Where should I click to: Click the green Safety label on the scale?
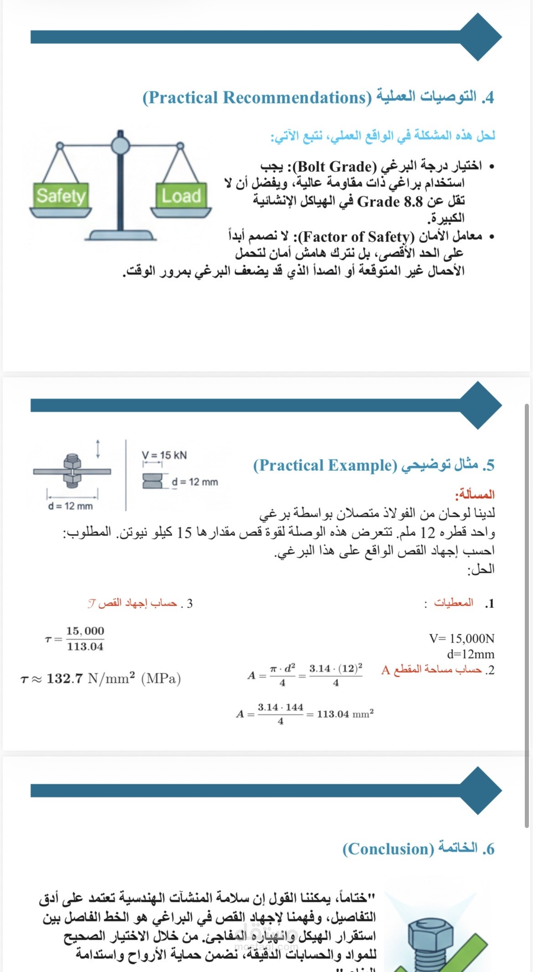click(61, 196)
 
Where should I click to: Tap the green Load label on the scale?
click(181, 196)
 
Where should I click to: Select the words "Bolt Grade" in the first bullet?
click(335, 166)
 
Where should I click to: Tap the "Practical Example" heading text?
click(325, 465)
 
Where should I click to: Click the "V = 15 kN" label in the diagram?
click(164, 455)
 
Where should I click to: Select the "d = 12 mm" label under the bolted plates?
click(70, 506)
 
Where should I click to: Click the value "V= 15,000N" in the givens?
click(461, 638)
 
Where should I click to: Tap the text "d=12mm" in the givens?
click(471, 654)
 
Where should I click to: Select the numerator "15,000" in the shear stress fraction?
click(85, 631)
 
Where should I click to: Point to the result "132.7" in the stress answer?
click(65, 679)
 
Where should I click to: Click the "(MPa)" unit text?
click(161, 679)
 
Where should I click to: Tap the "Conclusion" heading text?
click(388, 849)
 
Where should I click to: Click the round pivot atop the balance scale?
click(120, 145)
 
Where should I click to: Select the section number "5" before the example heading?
click(490, 465)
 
